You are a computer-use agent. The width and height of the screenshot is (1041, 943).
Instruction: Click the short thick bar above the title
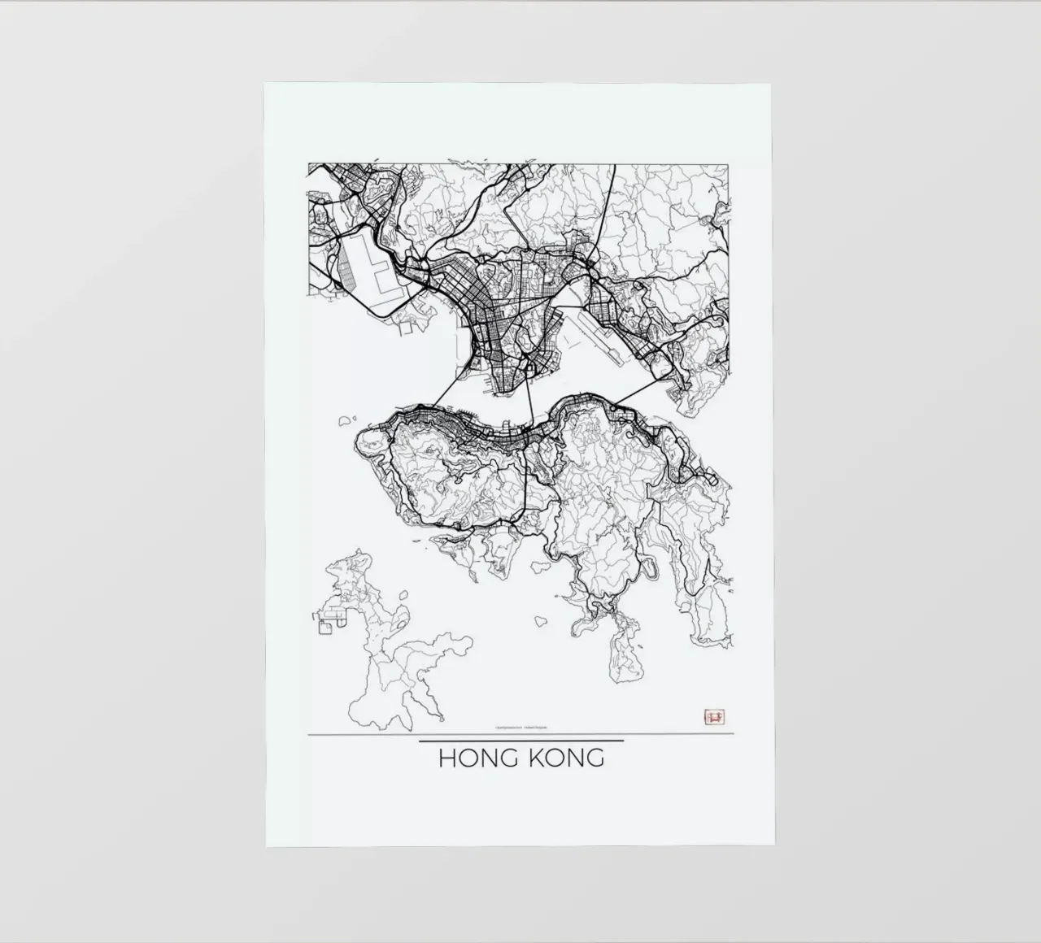520,741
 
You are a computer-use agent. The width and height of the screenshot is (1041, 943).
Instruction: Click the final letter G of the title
595,758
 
